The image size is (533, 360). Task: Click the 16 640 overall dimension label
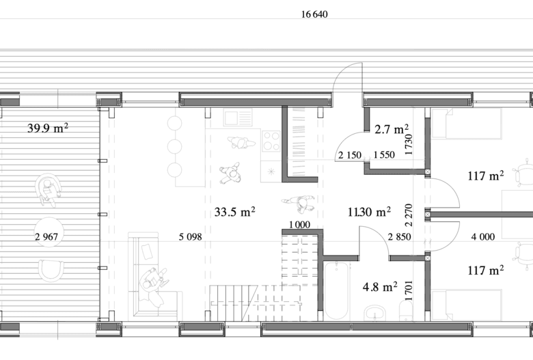[x=314, y=14]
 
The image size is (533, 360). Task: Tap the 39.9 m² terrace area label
[x=48, y=128]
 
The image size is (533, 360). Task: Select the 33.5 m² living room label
[x=235, y=212]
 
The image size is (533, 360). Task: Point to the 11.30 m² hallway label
[x=369, y=212]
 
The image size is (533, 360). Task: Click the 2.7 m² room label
[x=392, y=129]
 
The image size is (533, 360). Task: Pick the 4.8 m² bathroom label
[x=380, y=287]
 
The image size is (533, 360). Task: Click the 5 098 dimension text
[x=191, y=236]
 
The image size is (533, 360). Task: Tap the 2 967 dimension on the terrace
[x=46, y=236]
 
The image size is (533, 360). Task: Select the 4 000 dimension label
[x=482, y=236]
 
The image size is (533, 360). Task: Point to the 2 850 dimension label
[x=400, y=236]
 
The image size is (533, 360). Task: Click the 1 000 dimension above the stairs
[x=299, y=224]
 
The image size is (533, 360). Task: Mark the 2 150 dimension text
[x=350, y=155]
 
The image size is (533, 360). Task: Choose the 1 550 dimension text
[x=384, y=155]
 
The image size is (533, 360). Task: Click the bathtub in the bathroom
[x=336, y=290]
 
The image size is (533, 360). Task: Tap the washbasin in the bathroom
[x=374, y=313]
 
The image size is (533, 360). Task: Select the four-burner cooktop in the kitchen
[x=271, y=141]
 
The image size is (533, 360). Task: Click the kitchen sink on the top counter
[x=238, y=117]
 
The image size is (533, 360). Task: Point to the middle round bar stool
[x=175, y=146]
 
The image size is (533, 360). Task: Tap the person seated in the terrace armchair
[x=48, y=191]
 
